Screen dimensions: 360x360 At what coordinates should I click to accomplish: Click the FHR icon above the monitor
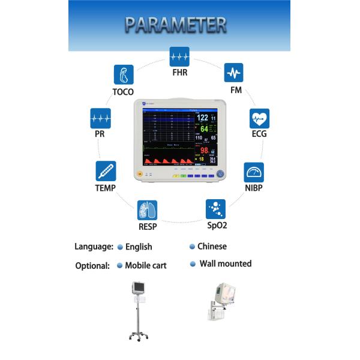(x=179, y=56)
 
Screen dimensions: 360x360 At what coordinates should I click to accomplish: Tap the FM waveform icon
(x=233, y=73)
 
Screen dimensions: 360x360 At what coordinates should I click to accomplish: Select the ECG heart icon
(x=259, y=118)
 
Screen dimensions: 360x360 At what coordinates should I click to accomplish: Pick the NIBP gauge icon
(x=253, y=172)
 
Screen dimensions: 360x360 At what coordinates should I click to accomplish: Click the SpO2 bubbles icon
(x=215, y=209)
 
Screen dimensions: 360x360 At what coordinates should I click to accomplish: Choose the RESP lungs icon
(x=147, y=209)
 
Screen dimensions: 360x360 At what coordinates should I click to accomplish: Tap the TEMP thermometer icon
(x=106, y=171)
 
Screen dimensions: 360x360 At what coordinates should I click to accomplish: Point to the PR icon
(x=100, y=118)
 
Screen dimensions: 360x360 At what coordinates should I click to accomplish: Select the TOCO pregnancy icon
(x=123, y=74)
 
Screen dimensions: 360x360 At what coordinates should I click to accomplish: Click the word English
(x=139, y=247)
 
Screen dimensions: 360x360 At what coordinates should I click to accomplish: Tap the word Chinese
(x=212, y=246)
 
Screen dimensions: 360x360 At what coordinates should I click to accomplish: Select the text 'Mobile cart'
(x=146, y=265)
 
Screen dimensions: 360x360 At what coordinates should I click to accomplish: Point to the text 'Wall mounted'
(x=225, y=263)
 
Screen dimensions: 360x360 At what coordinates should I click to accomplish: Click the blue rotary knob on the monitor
(x=220, y=173)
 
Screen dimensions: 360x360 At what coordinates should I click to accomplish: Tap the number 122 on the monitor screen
(x=203, y=118)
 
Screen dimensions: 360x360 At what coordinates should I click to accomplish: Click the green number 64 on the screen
(x=204, y=128)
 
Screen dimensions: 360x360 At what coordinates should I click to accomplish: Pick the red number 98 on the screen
(x=204, y=150)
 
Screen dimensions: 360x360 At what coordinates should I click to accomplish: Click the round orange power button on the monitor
(x=140, y=174)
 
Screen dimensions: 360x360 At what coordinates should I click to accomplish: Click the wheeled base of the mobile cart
(x=137, y=336)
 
